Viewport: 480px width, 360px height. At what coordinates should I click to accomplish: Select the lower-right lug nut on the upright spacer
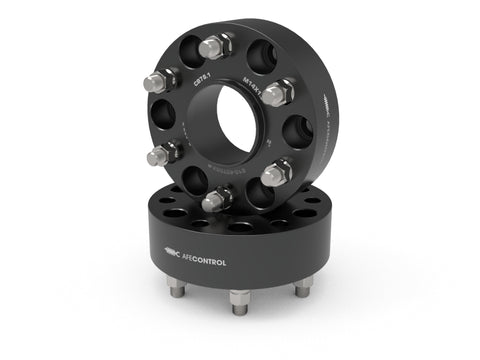tap(278, 173)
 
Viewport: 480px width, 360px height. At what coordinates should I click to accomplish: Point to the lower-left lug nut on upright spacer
tap(158, 155)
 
